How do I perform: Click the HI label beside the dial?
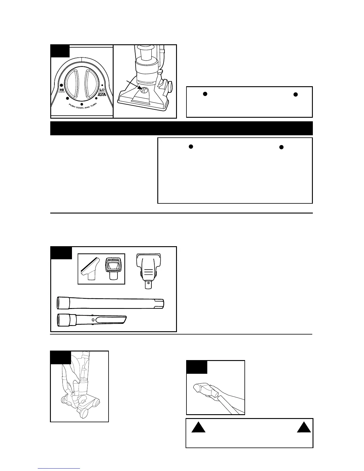point(62,89)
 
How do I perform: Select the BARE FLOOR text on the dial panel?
point(102,95)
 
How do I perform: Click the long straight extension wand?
point(110,304)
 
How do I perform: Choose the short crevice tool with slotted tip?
point(92,320)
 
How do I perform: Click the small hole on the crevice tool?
point(94,320)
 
